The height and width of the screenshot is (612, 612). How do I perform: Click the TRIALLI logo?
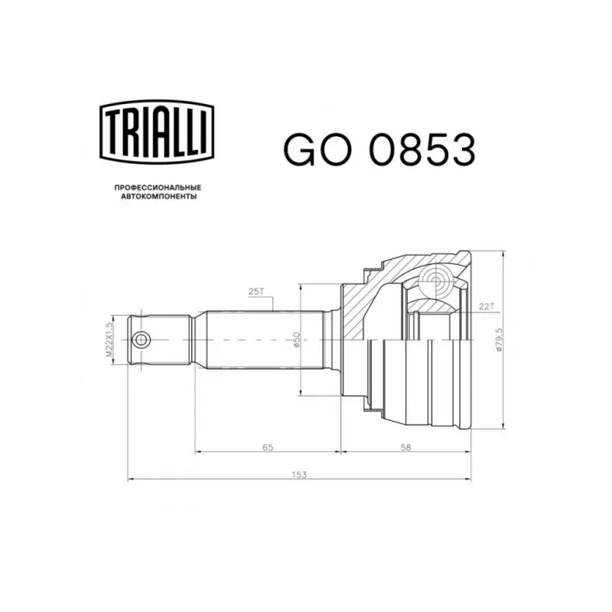(157, 132)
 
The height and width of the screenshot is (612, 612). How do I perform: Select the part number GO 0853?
(379, 149)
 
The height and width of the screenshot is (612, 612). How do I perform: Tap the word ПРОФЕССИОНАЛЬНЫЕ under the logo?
(158, 187)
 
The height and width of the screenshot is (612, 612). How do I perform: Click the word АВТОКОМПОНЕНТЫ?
(158, 197)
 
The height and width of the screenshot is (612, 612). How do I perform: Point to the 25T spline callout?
(256, 291)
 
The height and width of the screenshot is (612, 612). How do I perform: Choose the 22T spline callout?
(487, 307)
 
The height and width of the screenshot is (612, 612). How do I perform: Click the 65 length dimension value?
(268, 448)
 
